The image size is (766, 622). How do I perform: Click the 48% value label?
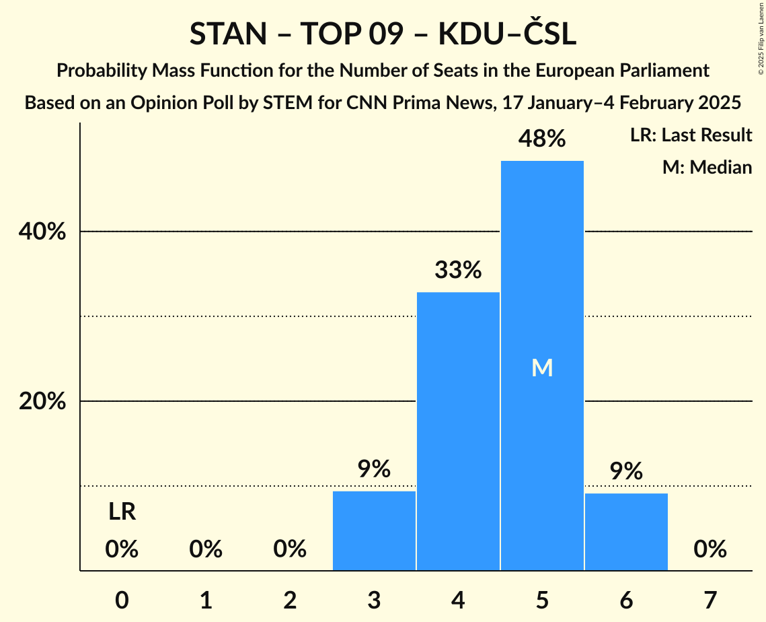tap(542, 139)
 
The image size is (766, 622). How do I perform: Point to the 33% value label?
tap(458, 271)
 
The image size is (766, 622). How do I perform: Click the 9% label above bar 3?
tap(374, 469)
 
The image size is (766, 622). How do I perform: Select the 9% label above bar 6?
tap(626, 471)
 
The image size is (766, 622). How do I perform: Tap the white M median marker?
tap(542, 368)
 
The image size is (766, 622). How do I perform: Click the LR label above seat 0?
tap(122, 513)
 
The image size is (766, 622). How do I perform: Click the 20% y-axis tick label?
tap(42, 402)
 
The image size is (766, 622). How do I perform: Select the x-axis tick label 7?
tap(710, 600)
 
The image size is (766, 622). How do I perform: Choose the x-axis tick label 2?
tap(290, 600)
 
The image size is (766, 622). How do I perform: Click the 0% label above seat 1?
tap(206, 550)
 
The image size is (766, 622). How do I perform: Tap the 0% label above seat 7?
tap(710, 550)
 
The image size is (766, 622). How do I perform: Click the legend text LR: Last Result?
tap(691, 135)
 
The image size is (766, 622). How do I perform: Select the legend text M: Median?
tap(707, 167)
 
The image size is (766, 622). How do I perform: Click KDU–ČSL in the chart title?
tap(507, 34)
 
